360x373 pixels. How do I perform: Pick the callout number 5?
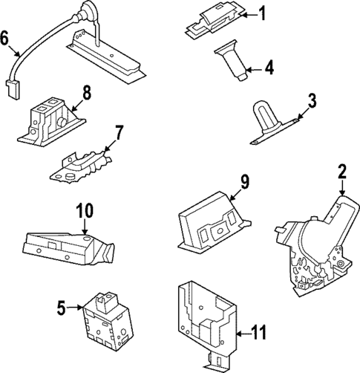point(62,306)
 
